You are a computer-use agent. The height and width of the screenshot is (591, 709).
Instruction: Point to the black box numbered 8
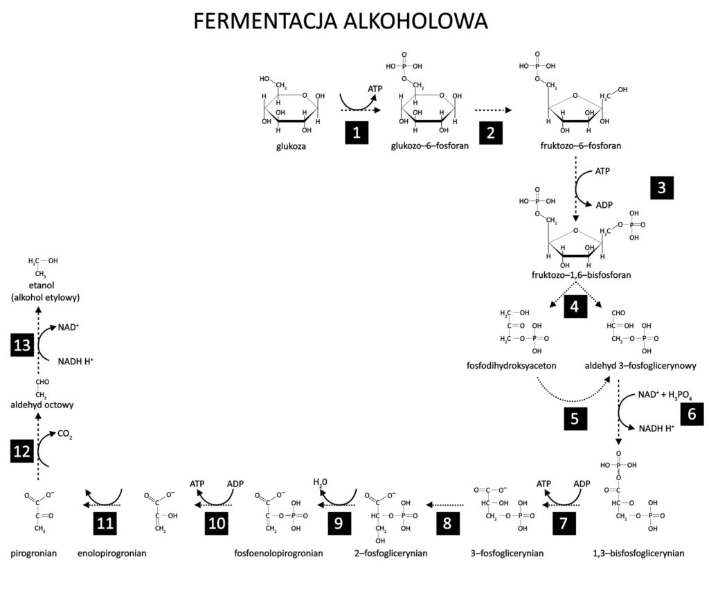447,522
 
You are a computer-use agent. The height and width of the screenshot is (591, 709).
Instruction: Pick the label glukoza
291,146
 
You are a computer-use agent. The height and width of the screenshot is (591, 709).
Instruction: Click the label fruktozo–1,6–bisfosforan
580,275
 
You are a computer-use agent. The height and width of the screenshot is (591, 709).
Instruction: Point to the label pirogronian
33,554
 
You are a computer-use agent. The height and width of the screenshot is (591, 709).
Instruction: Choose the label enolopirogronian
112,554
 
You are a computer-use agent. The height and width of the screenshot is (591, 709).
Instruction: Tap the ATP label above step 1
375,89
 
